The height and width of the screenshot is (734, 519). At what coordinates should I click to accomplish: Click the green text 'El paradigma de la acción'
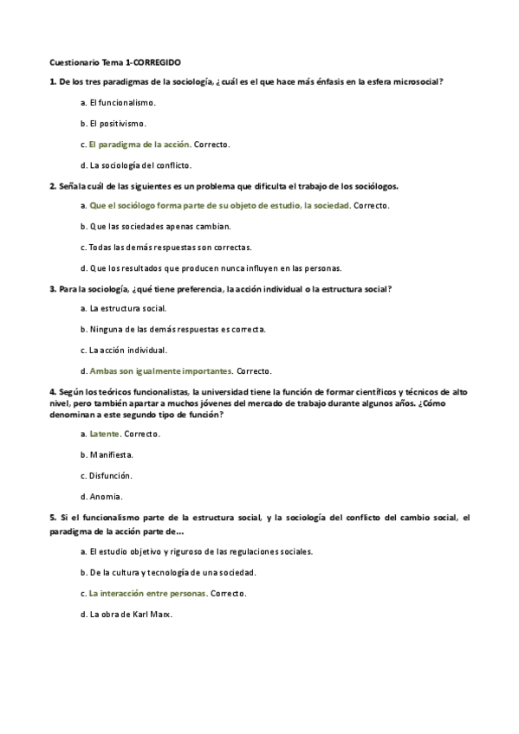[x=139, y=144]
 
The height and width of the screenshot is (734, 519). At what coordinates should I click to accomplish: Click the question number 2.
[x=53, y=185]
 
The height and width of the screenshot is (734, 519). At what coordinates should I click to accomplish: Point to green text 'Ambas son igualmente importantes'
[x=160, y=371]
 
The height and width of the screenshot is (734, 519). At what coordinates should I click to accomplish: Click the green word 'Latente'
[x=104, y=433]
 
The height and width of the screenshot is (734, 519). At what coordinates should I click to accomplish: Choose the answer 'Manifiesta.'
[x=111, y=454]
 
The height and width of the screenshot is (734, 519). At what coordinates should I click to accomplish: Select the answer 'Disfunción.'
[x=110, y=475]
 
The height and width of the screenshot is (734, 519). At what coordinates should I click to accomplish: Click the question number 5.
[x=53, y=517]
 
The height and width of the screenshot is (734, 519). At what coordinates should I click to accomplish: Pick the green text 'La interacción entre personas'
[x=148, y=593]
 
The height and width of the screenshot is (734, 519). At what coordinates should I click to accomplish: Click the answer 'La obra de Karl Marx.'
[x=131, y=614]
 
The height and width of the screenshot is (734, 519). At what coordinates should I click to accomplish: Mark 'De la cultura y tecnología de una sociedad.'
[x=172, y=572]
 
